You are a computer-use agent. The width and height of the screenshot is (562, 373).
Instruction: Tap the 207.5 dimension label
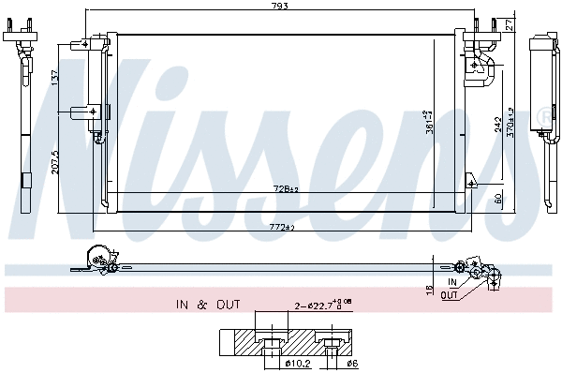point(55,160)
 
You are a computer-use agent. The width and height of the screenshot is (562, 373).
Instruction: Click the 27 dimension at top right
point(509,22)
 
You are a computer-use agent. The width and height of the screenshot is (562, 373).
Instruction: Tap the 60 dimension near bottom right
point(496,198)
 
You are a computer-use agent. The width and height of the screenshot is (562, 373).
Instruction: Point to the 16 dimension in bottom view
point(430,291)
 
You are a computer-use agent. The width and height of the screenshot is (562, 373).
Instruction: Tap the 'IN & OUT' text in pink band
point(207,305)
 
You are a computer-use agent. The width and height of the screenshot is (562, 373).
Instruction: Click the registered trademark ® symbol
point(544,115)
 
